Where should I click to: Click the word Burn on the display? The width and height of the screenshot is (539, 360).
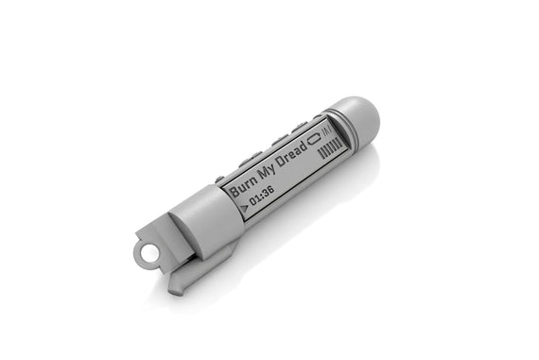pos(244,186)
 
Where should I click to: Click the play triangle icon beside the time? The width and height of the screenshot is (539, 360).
pos(244,208)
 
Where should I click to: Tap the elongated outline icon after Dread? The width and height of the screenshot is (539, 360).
pos(314,139)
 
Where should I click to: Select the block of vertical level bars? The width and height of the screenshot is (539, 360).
pos(331,148)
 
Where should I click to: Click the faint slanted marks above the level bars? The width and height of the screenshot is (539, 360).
pos(326,130)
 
